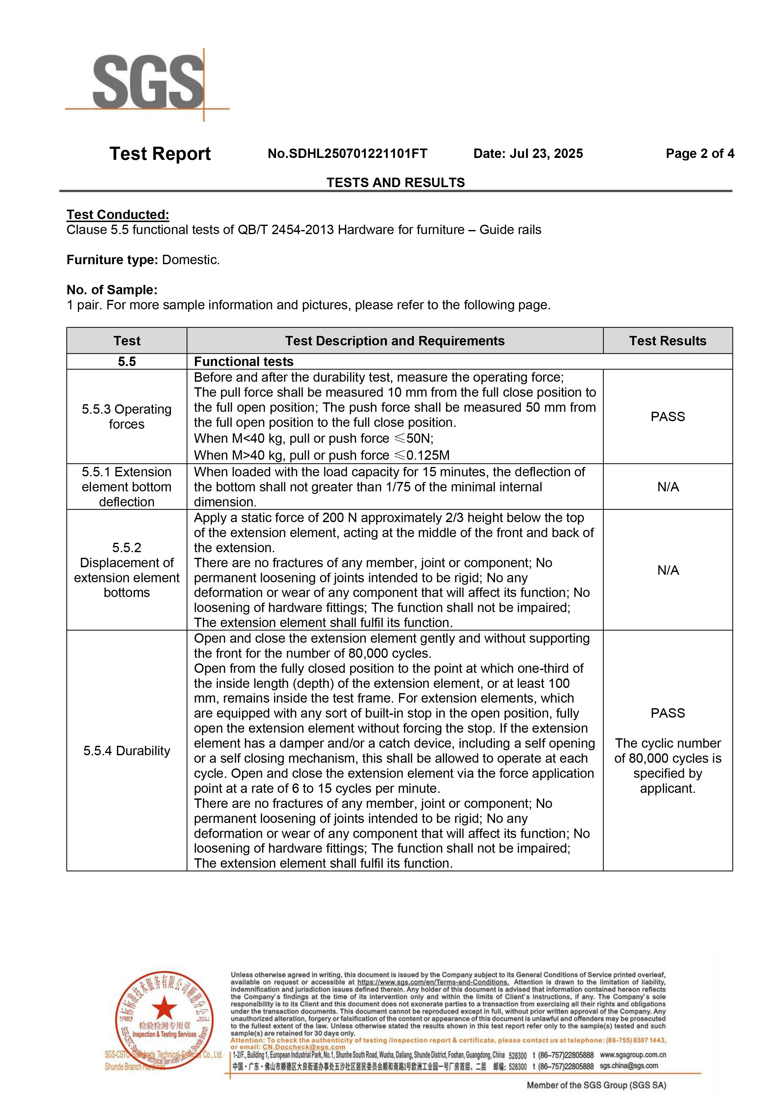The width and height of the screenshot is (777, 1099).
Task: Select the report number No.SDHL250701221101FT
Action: coord(347,154)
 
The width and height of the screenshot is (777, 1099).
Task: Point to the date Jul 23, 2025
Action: coord(528,154)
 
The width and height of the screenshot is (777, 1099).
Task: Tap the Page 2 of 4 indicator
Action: coord(700,154)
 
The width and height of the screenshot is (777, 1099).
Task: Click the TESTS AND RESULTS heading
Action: coord(396,182)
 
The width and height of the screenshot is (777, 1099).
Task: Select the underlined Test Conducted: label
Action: coord(118,214)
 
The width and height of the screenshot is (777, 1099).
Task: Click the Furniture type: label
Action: coord(112,260)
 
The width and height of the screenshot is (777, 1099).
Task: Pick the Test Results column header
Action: coord(667,341)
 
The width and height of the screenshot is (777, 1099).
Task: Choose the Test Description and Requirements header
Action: coord(395,341)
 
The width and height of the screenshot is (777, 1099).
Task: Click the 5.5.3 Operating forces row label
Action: coord(127,416)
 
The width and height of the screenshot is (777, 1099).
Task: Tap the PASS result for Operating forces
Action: coord(667,416)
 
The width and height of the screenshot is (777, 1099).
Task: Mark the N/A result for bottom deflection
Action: coord(667,487)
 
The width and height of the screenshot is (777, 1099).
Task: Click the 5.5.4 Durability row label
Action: coord(127,751)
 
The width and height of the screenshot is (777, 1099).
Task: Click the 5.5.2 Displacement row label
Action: coord(127,570)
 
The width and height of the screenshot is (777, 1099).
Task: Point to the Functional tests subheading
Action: coord(243,361)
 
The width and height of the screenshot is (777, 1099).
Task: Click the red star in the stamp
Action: coord(164,1007)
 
